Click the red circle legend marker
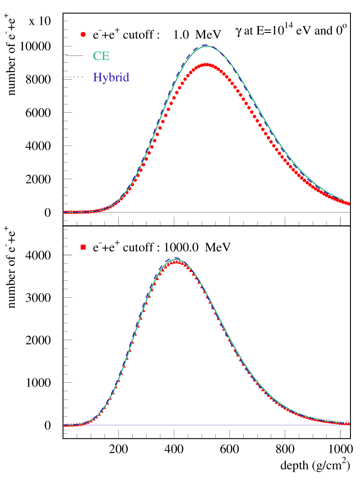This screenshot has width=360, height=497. click(x=83, y=34)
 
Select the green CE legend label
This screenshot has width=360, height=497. click(x=101, y=56)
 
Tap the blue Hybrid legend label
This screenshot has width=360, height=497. click(x=111, y=78)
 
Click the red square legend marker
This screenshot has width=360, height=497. click(x=83, y=247)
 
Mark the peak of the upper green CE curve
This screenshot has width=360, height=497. click(x=207, y=45)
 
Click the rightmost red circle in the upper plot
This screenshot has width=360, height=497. click(x=348, y=204)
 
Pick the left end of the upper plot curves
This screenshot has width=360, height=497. click(x=64, y=212)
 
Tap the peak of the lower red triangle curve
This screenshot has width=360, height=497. click(x=175, y=262)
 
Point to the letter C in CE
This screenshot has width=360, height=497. click(x=97, y=56)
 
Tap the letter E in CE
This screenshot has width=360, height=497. click(x=105, y=56)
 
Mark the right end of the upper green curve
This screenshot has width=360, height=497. click(x=343, y=200)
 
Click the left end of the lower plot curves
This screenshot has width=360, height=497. click(x=64, y=426)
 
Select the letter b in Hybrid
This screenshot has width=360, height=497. click(x=111, y=78)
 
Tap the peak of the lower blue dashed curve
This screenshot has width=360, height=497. click(x=176, y=258)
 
